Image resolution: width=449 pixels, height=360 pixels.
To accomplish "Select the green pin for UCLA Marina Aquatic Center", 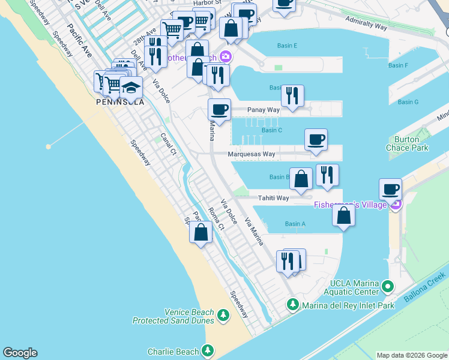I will [x=388, y=287].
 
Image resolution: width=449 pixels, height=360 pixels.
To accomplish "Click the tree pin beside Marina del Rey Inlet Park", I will [x=292, y=305].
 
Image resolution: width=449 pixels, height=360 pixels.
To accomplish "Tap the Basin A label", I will [x=295, y=224].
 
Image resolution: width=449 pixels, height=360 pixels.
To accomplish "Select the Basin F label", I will [x=398, y=65].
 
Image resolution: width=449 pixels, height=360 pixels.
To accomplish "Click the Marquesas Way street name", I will [x=252, y=154].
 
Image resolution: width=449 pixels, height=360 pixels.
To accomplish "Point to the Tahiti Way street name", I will [x=274, y=198].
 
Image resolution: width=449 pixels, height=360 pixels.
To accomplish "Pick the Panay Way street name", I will [x=264, y=110].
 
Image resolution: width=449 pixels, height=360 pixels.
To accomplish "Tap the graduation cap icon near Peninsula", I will [x=130, y=88].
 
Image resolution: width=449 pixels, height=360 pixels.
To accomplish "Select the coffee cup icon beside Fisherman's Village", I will [x=391, y=190].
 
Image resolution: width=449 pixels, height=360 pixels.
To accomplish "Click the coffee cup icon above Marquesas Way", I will [x=316, y=140].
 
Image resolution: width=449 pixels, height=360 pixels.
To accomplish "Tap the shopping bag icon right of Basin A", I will [x=343, y=216].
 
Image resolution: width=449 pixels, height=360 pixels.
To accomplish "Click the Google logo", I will [x=20, y=353].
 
